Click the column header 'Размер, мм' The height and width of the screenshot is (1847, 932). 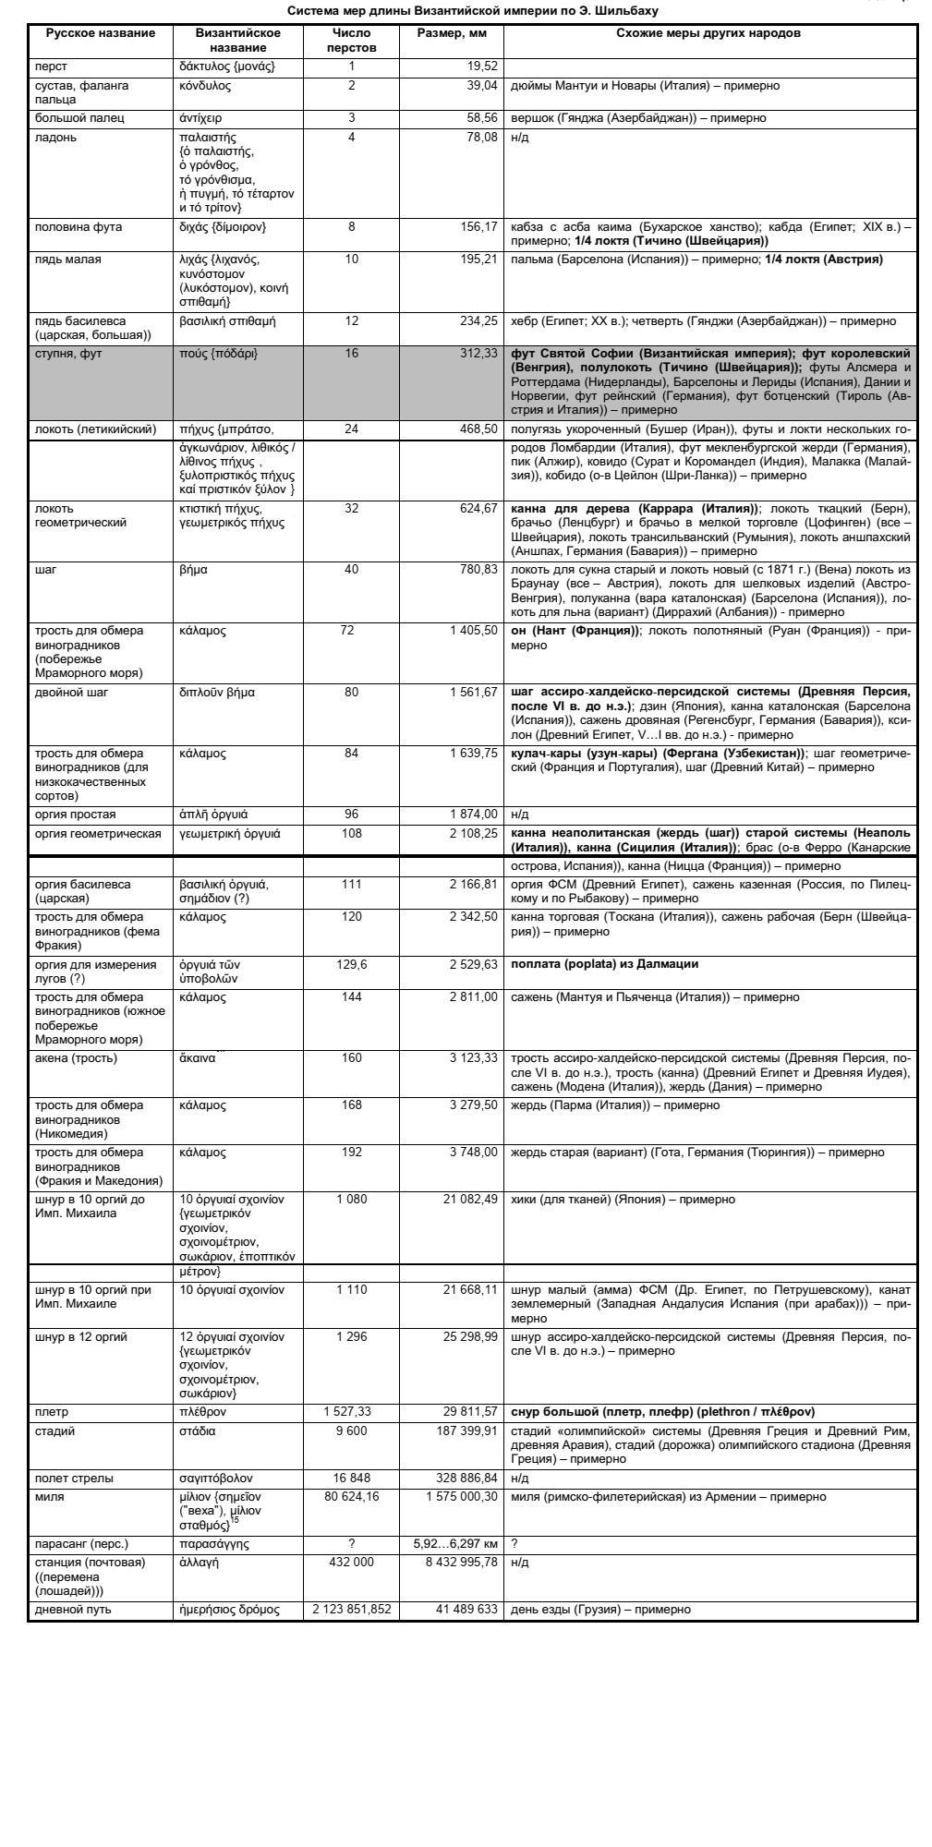pos(453,33)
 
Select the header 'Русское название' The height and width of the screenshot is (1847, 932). pos(101,33)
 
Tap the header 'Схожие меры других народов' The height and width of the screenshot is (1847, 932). pos(708,33)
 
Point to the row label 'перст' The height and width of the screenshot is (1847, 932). pos(51,66)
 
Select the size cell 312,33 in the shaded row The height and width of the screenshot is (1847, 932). pos(478,354)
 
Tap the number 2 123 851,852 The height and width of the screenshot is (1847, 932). pos(351,1610)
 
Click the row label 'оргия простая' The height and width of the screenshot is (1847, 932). pos(76,815)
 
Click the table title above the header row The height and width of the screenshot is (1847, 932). pos(473,11)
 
